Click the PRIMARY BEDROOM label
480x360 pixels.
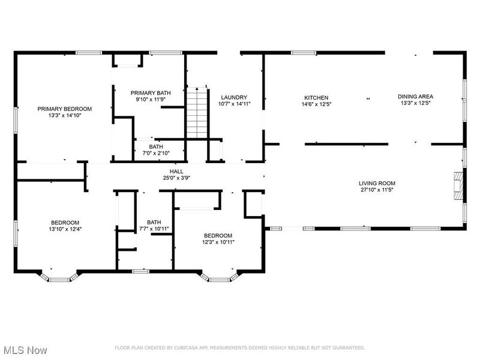[x=65, y=109]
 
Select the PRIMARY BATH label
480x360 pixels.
[x=151, y=92]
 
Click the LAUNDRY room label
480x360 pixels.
[x=234, y=97]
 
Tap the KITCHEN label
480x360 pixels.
[x=316, y=97]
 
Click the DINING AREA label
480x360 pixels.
[x=416, y=96]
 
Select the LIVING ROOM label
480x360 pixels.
[x=377, y=184]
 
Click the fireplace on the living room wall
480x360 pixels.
[x=458, y=185]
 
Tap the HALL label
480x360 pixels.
[x=176, y=171]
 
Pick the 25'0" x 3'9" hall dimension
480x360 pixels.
[x=176, y=178]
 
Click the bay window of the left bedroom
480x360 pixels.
[x=59, y=278]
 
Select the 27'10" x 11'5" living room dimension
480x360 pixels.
[x=377, y=190]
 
